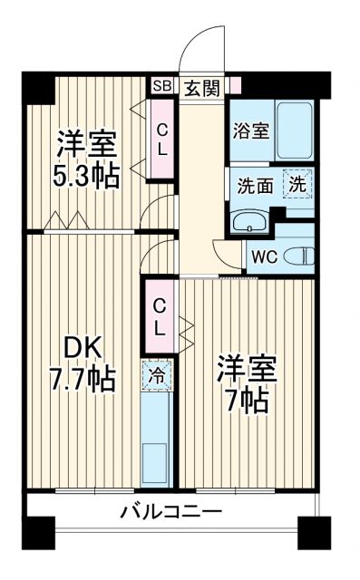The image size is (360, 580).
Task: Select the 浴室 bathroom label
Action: click(250, 130)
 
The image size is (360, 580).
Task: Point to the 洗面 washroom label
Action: click(255, 187)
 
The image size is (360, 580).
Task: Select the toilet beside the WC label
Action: click(300, 255)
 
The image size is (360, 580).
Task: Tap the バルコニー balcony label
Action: click(171, 512)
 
